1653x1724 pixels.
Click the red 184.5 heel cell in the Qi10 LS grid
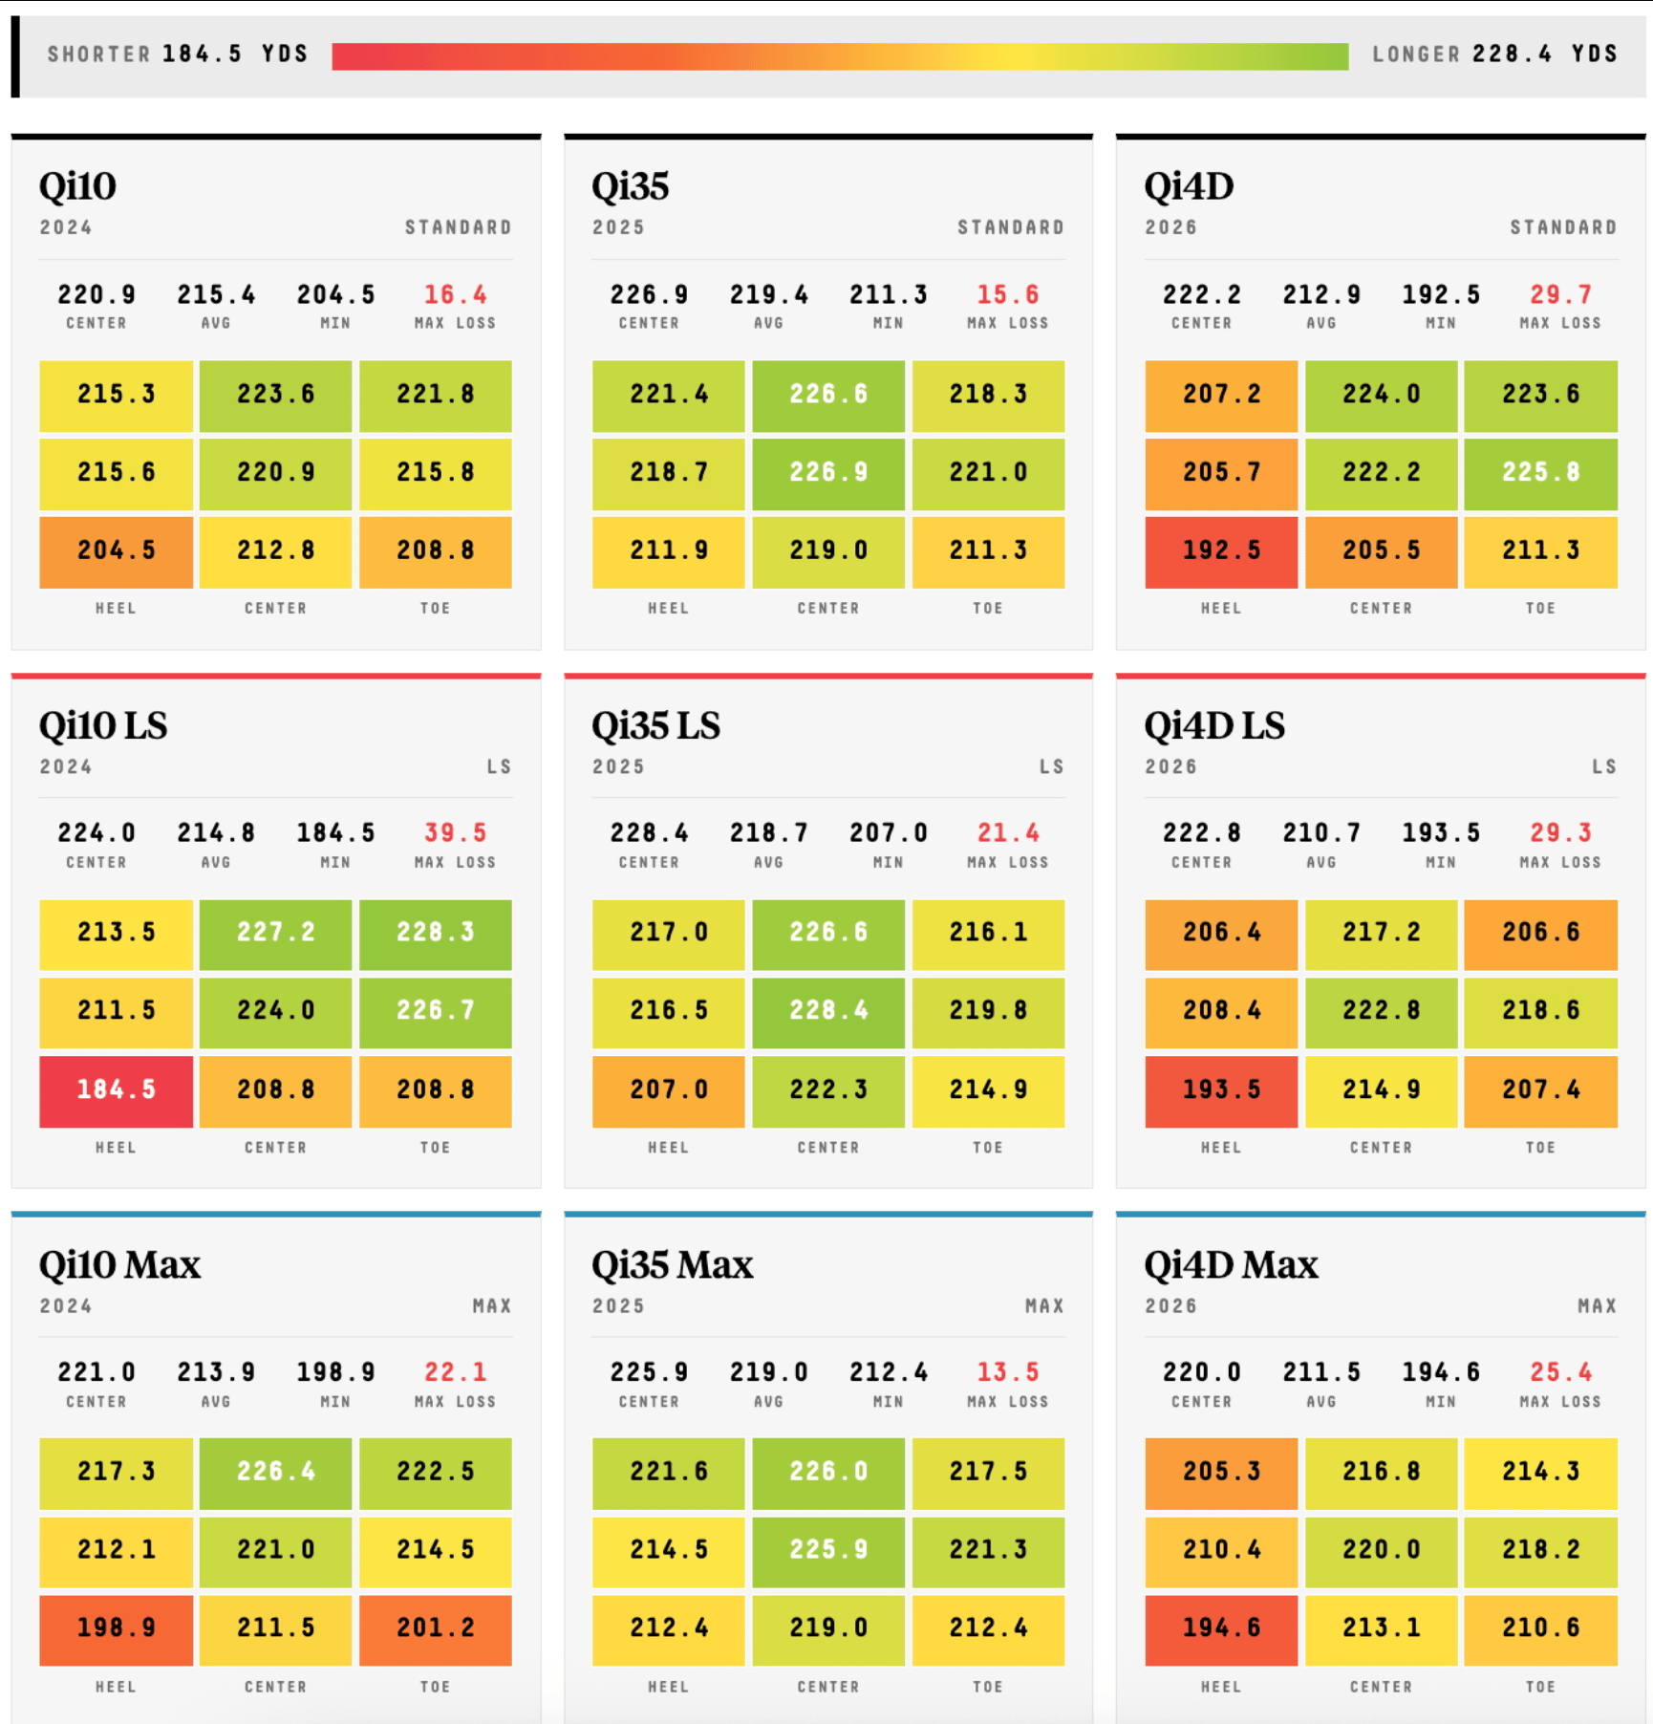[116, 1090]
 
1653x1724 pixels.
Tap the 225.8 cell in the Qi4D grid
[1540, 473]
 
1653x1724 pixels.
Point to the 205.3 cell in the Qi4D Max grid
[1221, 1473]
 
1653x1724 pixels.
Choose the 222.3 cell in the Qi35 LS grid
[828, 1090]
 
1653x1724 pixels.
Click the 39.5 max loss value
[456, 832]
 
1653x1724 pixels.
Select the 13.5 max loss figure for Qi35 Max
[1008, 1372]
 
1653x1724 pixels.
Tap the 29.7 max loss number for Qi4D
[1560, 294]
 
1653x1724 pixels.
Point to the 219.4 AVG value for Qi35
[769, 294]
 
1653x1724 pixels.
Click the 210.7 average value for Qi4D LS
[1321, 832]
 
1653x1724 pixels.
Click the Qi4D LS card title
[1214, 725]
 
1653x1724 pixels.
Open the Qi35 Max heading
[673, 1265]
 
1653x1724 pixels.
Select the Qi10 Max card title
[120, 1265]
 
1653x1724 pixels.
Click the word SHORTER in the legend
[99, 54]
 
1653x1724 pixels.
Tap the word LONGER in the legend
[1416, 54]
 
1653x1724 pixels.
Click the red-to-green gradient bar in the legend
[840, 56]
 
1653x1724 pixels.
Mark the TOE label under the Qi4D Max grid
[1540, 1687]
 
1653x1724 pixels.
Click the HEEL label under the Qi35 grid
[668, 608]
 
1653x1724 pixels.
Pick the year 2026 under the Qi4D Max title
[1170, 1306]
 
